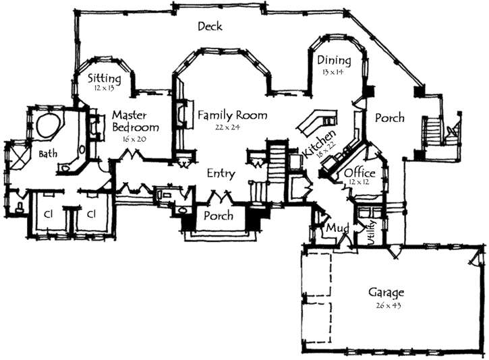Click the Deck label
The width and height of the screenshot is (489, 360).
(x=210, y=26)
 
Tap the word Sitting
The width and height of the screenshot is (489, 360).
(x=105, y=78)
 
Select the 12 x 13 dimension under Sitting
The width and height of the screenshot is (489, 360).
(x=105, y=88)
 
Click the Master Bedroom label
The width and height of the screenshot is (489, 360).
(x=136, y=121)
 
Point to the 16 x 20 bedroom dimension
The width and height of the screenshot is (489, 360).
(x=135, y=138)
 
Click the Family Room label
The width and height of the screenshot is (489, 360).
(x=232, y=115)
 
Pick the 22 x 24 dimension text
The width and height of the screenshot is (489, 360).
(x=229, y=127)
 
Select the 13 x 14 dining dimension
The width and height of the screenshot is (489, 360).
(x=333, y=71)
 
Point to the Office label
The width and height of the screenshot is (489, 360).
(x=359, y=173)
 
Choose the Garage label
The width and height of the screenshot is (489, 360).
(x=386, y=293)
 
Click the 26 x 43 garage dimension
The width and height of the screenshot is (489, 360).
(x=386, y=305)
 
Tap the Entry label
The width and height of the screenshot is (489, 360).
(x=221, y=174)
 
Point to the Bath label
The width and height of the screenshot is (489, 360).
(x=47, y=154)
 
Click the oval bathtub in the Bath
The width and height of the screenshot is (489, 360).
(x=49, y=125)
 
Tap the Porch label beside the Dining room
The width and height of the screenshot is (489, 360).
(x=389, y=118)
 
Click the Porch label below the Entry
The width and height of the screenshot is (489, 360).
(x=219, y=216)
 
